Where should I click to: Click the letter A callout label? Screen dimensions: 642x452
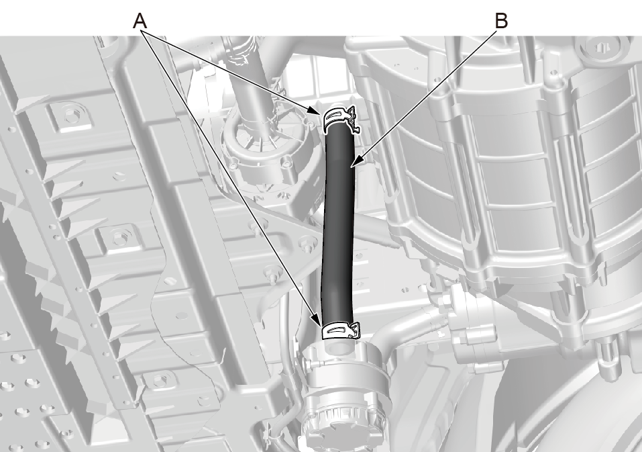pyautogui.click(x=140, y=21)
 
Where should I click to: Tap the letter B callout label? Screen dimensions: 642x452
pyautogui.click(x=501, y=21)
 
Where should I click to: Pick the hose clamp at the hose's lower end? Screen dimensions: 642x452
pyautogui.click(x=341, y=330)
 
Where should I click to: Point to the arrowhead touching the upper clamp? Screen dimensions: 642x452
pyautogui.click(x=315, y=111)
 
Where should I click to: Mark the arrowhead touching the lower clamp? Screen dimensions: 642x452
pyautogui.click(x=317, y=320)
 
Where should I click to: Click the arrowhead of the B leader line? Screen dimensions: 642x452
pyautogui.click(x=357, y=162)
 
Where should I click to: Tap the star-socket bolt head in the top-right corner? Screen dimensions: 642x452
pyautogui.click(x=600, y=48)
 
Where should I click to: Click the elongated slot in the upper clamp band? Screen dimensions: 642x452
pyautogui.click(x=337, y=115)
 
